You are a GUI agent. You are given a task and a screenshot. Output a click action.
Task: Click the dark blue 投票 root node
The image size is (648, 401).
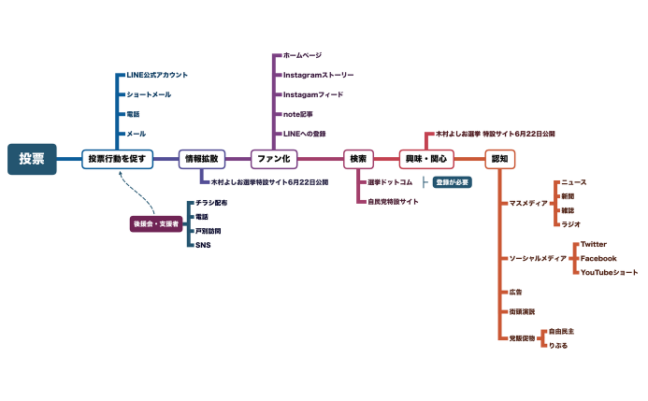32,159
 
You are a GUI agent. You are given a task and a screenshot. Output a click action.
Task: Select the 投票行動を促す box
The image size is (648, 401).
116,159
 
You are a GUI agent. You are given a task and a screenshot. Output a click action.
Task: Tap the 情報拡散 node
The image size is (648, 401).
202,159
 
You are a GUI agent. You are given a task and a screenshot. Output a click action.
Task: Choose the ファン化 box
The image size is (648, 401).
273,159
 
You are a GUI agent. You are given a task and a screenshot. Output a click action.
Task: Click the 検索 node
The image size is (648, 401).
358,159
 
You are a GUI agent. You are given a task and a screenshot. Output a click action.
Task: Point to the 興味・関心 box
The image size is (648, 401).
425,159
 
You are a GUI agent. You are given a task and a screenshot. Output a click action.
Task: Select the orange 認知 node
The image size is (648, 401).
499,159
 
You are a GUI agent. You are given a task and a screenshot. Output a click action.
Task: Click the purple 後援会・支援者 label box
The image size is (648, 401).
155,223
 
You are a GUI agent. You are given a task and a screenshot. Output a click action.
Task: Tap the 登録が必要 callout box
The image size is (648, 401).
453,181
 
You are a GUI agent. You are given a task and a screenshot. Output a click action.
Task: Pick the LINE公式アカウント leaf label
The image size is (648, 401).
157,75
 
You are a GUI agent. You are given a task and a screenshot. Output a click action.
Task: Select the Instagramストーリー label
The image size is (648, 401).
318,75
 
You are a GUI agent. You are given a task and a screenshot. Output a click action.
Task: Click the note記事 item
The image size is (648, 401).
298,114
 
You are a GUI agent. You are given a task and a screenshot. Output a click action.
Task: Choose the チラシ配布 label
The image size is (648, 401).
210,203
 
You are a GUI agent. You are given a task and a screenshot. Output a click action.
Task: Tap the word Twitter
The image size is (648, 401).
594,244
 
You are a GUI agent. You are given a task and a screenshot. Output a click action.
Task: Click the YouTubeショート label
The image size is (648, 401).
610,272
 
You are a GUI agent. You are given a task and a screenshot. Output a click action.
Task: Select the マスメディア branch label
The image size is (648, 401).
528,203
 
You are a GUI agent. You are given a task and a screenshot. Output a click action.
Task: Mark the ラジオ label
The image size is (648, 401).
570,224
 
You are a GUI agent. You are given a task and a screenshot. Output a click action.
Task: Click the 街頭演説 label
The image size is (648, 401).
522,311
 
